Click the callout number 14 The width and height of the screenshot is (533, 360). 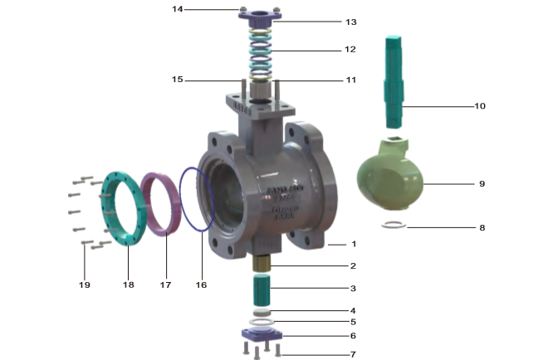point(178,9)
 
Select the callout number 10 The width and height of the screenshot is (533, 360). point(480,106)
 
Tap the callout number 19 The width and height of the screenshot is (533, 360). point(85,285)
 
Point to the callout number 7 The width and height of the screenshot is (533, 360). point(353,354)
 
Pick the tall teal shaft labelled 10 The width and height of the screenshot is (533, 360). point(394,81)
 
